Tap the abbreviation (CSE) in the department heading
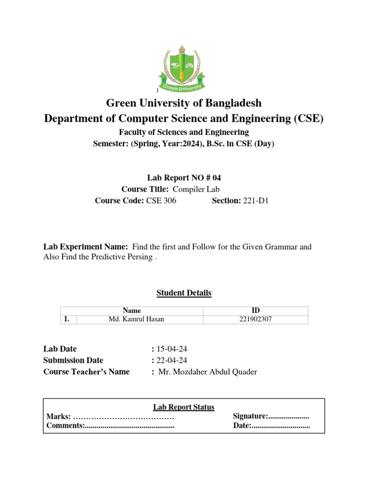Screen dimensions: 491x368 [x=306, y=118]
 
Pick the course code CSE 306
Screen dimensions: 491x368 [x=161, y=201]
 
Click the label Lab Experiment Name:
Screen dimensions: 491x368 [x=85, y=247]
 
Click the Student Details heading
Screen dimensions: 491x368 [x=184, y=292]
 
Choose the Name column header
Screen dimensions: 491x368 [x=132, y=311]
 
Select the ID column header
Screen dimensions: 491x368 [x=255, y=311]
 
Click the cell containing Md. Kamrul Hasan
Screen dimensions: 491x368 [x=137, y=319]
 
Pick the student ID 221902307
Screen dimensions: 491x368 [x=255, y=319]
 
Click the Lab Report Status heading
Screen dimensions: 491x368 [x=184, y=407]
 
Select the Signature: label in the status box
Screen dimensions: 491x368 [x=250, y=416]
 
